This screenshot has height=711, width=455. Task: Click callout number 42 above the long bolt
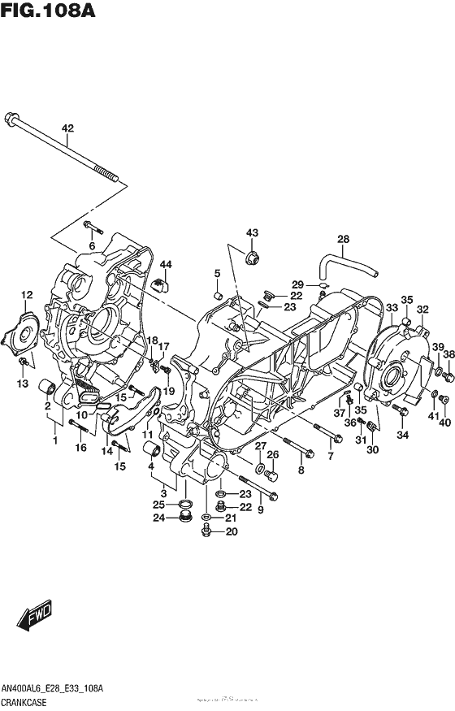coord(67,128)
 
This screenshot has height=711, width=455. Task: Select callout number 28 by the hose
coord(343,238)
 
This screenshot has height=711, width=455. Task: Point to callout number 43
coord(252,233)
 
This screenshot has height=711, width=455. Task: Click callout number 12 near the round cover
coord(26,295)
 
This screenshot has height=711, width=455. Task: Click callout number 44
coord(166,265)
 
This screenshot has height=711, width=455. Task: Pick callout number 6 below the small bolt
coord(92,245)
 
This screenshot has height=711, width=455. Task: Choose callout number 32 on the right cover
coord(422,309)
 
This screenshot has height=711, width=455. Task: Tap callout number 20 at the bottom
coord(232,533)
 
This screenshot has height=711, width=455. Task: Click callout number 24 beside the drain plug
coord(161,518)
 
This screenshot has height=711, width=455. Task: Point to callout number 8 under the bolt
coord(301,470)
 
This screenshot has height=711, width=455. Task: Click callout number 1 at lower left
coord(55,441)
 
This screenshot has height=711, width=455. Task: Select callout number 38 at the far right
coord(448,347)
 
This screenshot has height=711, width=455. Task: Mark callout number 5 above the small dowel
coord(218,272)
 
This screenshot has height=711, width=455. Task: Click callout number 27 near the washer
coord(260,445)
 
